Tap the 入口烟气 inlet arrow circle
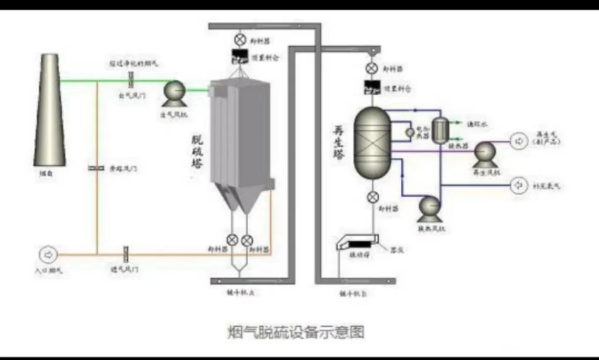coord(48,254)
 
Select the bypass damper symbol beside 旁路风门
coord(96,168)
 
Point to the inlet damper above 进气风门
coord(126,254)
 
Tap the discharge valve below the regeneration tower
coord(372,197)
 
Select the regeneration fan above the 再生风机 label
coord(485,152)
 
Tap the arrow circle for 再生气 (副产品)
coord(518,141)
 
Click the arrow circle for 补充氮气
coord(518,185)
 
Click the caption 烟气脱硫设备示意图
coord(296,333)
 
